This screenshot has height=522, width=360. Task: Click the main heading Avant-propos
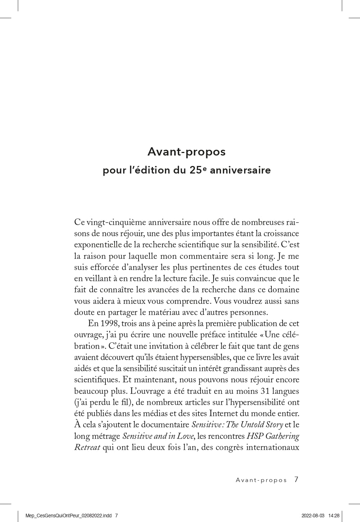[x=186, y=152]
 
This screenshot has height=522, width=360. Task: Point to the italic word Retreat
[x=87, y=447]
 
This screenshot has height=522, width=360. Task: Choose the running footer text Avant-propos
[x=261, y=480]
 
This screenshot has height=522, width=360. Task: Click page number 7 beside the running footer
[x=296, y=480]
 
